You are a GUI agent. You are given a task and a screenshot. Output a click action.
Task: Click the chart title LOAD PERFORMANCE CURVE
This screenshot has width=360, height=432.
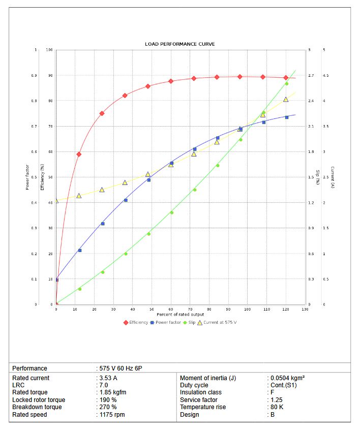(179, 44)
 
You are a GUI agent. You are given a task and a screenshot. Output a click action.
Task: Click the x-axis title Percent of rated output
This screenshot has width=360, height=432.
(180, 315)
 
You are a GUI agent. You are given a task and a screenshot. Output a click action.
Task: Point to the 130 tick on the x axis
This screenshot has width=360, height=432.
(305, 309)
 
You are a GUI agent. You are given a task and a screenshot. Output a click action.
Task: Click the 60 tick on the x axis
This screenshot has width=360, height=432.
(171, 309)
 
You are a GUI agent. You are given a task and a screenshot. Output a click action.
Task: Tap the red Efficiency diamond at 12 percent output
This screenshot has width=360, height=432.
(79, 154)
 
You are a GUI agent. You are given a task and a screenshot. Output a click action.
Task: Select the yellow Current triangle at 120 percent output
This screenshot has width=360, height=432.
(286, 100)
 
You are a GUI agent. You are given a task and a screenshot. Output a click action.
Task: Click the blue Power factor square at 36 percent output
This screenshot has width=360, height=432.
(126, 200)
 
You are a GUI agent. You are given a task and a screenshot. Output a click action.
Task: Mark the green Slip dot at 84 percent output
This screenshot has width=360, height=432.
(218, 165)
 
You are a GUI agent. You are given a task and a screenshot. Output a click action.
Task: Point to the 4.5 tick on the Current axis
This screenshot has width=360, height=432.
(325, 75)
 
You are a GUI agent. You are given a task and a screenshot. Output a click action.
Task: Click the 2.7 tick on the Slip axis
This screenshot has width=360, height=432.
(311, 75)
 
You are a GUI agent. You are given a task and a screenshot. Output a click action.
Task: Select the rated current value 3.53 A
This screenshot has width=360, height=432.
(108, 378)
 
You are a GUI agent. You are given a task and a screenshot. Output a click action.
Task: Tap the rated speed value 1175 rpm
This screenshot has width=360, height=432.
(112, 415)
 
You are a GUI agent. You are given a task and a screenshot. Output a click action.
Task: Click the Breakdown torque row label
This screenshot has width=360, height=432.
(37, 407)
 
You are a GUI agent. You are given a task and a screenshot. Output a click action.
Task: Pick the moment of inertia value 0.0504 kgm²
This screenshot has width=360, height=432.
(287, 378)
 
